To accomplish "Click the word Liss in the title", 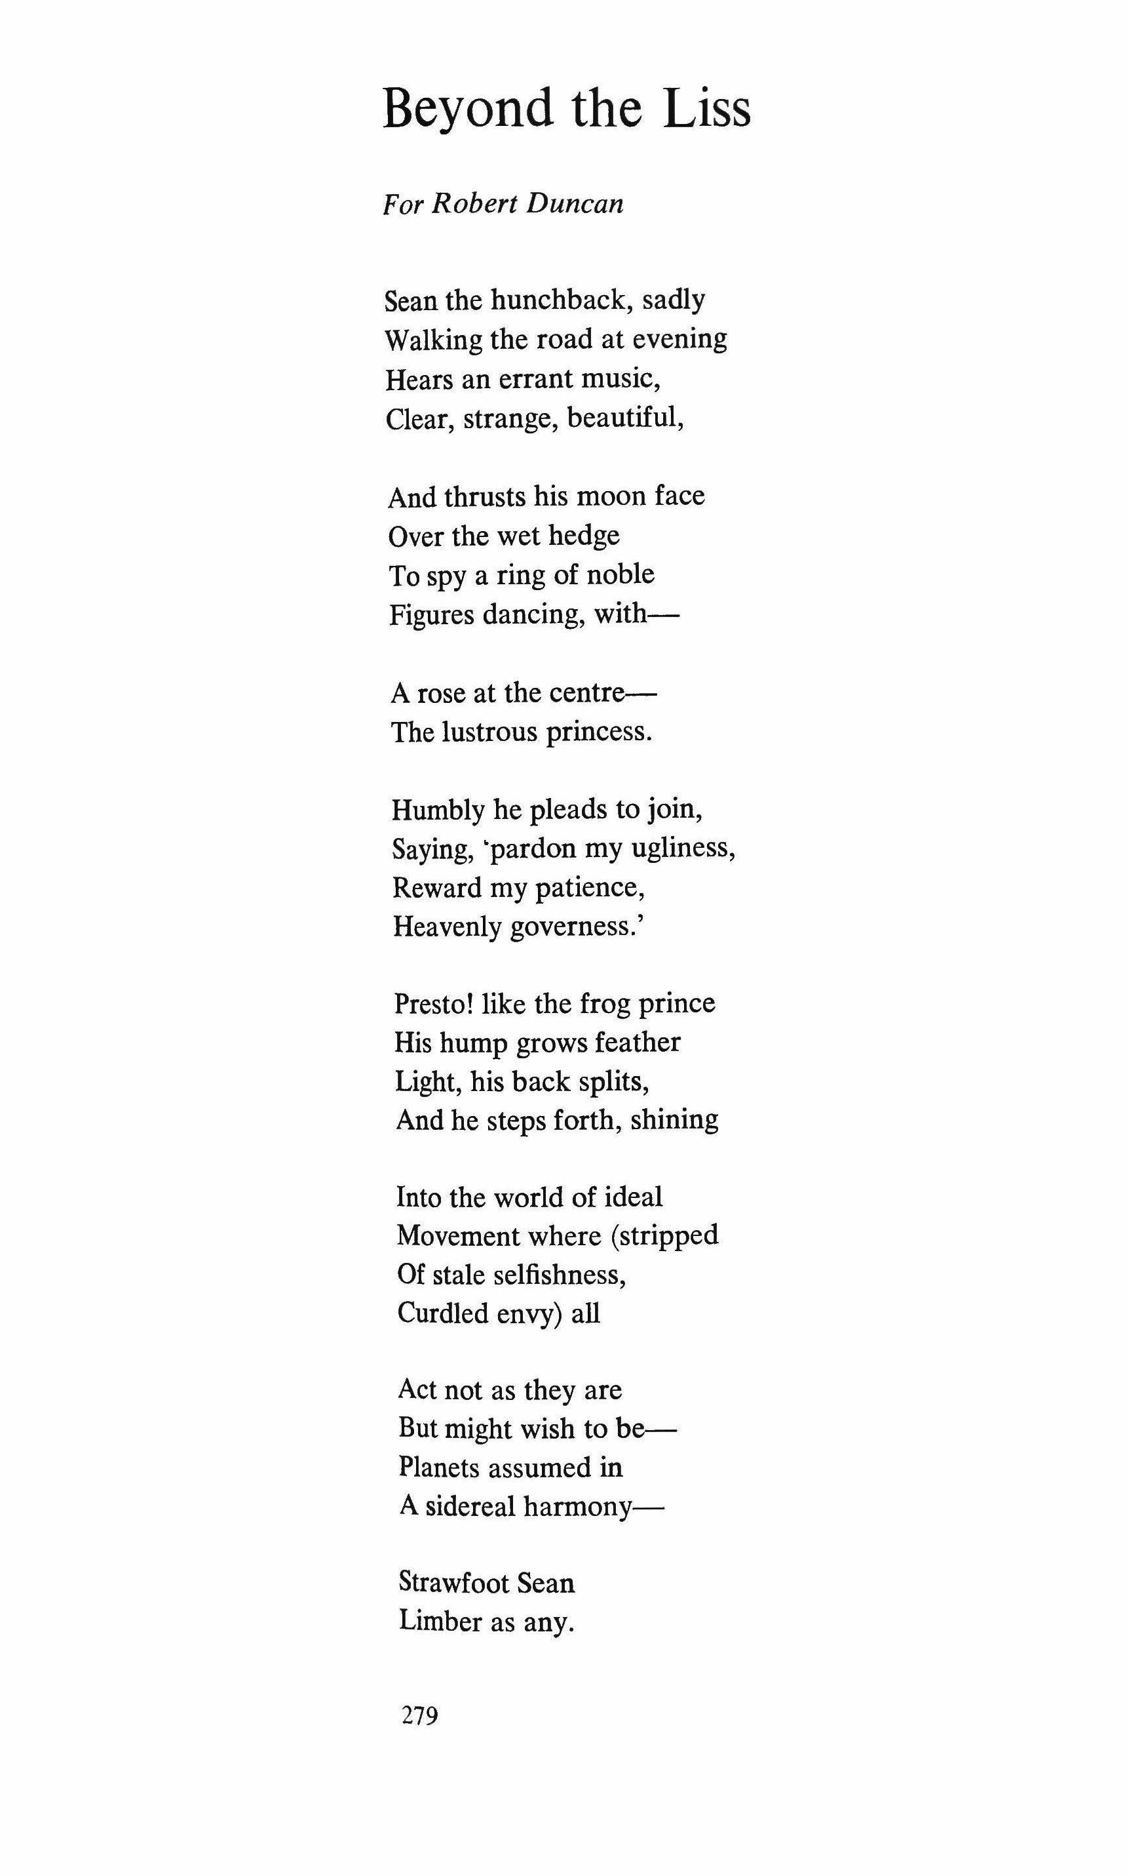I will pos(706,109).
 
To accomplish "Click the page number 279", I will pos(420,1715).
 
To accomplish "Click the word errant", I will pos(533,378).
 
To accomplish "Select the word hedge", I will pos(584,536).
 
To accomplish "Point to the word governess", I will pos(577,927).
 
